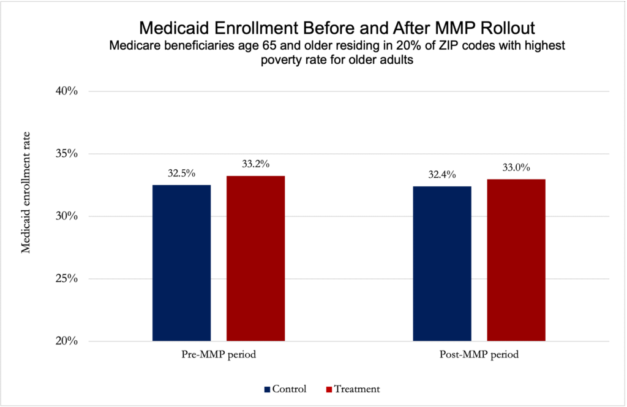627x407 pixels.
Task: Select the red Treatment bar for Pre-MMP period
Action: click(255, 258)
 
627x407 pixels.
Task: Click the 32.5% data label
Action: click(181, 173)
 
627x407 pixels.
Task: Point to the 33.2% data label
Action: click(255, 164)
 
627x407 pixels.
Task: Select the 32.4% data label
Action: click(442, 175)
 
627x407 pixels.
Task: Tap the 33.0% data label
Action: click(516, 167)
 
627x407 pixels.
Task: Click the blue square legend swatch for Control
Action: click(267, 389)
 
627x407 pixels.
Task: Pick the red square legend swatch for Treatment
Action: click(329, 389)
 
